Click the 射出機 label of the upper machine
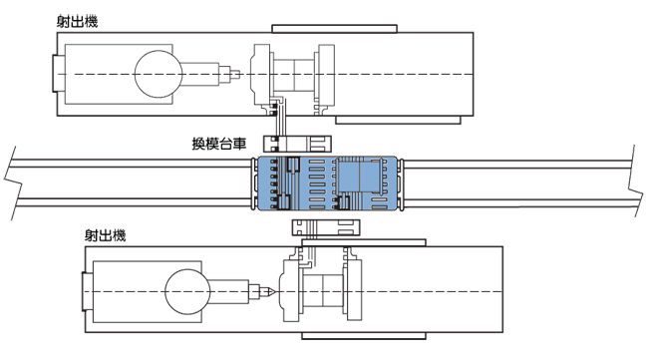pos(78,22)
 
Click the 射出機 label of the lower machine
pos(105,235)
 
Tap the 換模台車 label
pos(219,144)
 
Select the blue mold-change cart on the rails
pos(327,183)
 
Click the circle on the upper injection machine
pos(158,74)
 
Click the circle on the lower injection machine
pos(187,292)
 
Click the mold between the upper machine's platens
pos(293,74)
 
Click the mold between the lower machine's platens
pos(323,292)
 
